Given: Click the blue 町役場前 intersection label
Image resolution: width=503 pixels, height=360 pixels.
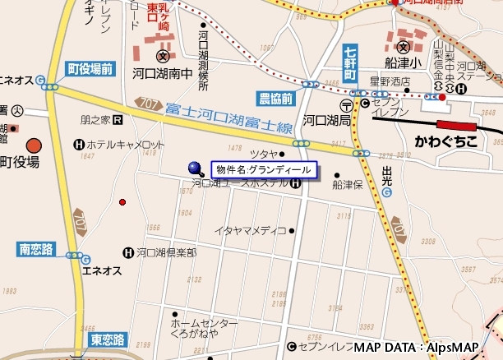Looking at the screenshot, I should pyautogui.click(x=90, y=69).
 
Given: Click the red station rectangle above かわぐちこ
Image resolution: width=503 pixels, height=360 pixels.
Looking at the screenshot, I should pyautogui.click(x=458, y=125).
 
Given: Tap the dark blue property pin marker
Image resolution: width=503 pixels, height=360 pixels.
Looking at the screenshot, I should pyautogui.click(x=195, y=167).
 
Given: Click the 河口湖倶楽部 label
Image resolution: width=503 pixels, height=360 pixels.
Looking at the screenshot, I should pyautogui.click(x=166, y=252).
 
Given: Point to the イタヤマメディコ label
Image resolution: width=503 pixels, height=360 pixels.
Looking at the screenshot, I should pyautogui.click(x=250, y=230).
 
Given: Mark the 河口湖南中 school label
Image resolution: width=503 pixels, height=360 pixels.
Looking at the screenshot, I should pyautogui.click(x=162, y=72).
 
